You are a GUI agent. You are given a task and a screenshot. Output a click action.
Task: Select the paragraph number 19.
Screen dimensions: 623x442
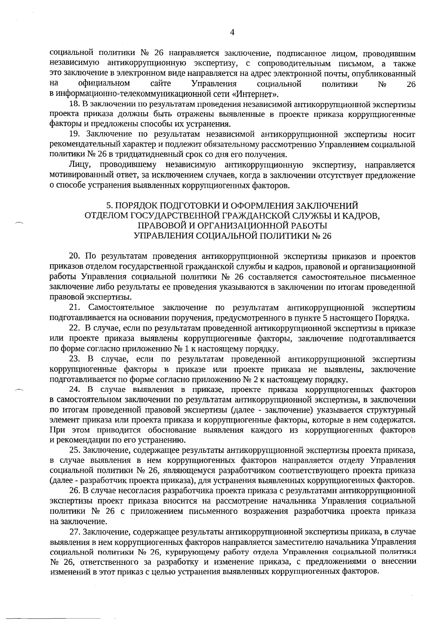pyautogui.click(x=75, y=134)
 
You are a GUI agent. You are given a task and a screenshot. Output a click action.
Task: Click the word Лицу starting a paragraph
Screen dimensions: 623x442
pyautogui.click(x=78, y=165)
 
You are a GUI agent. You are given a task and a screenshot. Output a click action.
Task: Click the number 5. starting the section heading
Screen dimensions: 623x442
pyautogui.click(x=109, y=205)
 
